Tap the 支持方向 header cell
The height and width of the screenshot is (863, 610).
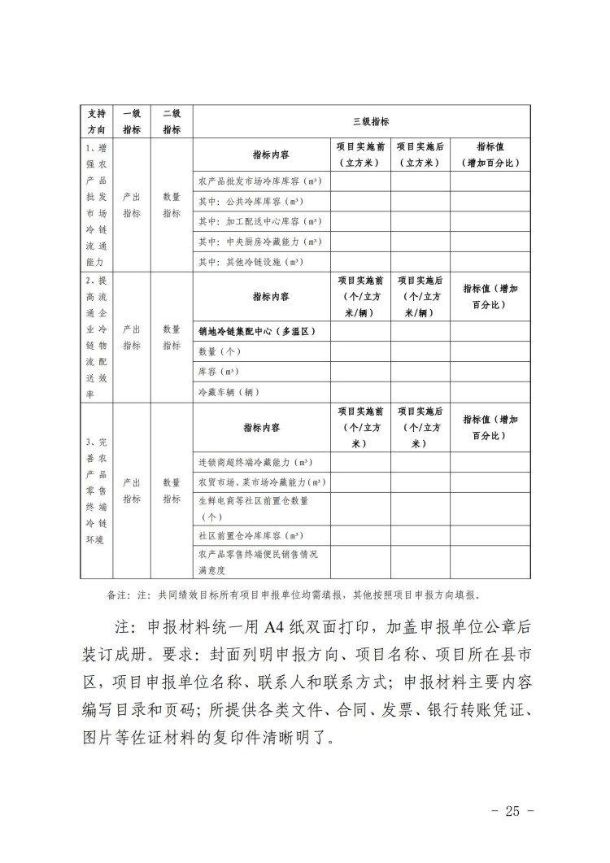(96, 121)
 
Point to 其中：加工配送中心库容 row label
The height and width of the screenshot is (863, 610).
(250, 220)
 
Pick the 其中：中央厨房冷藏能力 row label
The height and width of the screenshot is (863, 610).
(250, 242)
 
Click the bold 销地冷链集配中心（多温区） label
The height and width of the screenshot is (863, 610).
(256, 331)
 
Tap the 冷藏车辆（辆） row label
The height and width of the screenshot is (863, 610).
(229, 392)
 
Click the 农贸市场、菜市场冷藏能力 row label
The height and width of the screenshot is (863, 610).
(259, 482)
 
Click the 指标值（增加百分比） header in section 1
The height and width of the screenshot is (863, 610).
(490, 155)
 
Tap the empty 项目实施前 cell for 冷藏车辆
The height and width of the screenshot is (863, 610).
(360, 392)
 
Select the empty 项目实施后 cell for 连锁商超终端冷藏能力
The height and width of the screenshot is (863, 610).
(420, 462)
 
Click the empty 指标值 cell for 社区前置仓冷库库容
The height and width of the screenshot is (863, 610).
(490, 535)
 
